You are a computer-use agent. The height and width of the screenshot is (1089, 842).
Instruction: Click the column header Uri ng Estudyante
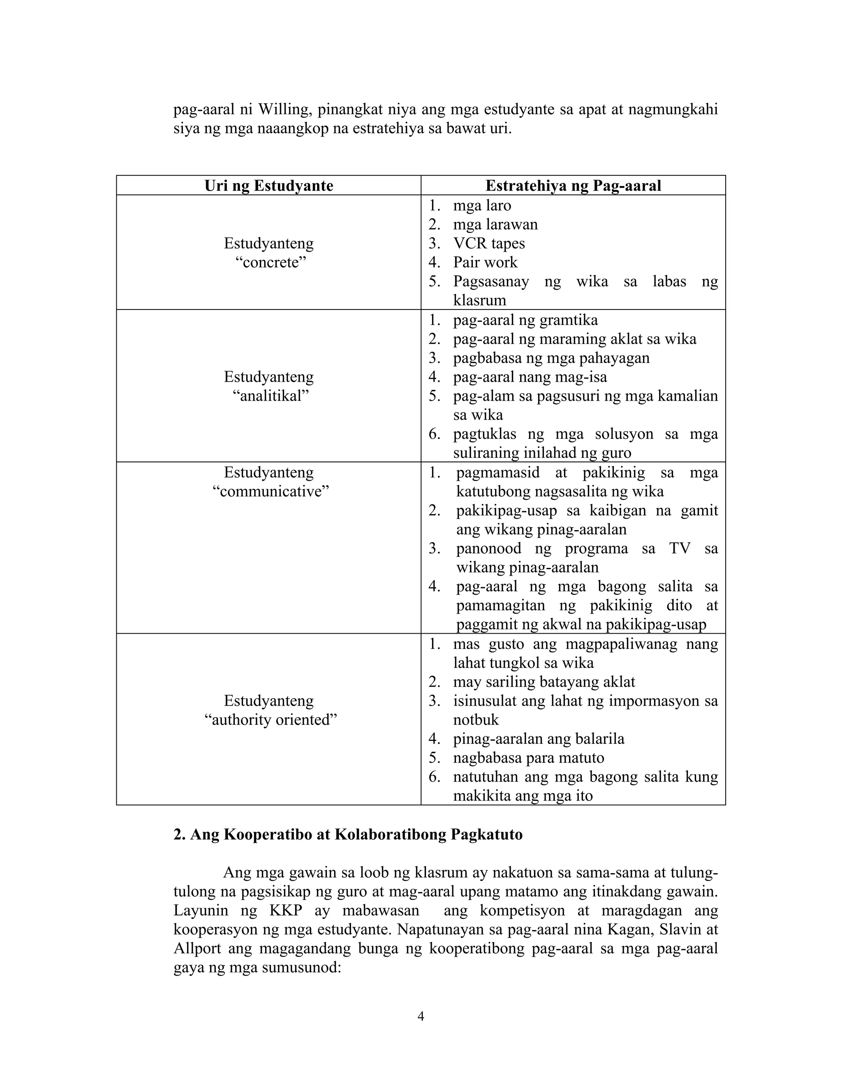[x=268, y=185]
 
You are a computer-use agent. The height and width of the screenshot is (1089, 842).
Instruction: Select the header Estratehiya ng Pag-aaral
[x=573, y=185]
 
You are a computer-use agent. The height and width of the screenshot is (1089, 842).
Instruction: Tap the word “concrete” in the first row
[x=271, y=262]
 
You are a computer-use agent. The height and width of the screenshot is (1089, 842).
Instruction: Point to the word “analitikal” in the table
[x=271, y=396]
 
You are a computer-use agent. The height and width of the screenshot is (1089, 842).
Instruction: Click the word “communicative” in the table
[x=271, y=491]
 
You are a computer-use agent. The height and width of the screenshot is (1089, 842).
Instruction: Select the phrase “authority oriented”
[x=271, y=720]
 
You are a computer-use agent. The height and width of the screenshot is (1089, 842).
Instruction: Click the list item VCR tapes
[x=488, y=243]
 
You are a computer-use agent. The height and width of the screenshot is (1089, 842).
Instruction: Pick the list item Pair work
[x=485, y=262]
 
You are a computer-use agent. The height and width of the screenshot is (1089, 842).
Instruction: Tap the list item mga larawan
[x=495, y=224]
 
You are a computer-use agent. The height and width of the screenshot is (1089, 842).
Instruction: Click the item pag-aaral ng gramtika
[x=525, y=320]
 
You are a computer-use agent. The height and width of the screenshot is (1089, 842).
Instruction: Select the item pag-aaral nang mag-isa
[x=529, y=377]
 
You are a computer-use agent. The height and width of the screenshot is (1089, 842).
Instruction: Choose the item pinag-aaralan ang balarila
[x=538, y=738]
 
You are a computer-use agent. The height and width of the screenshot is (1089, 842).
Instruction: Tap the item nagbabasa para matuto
[x=528, y=757]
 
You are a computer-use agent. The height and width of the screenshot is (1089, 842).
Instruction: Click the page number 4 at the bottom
[x=421, y=1016]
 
